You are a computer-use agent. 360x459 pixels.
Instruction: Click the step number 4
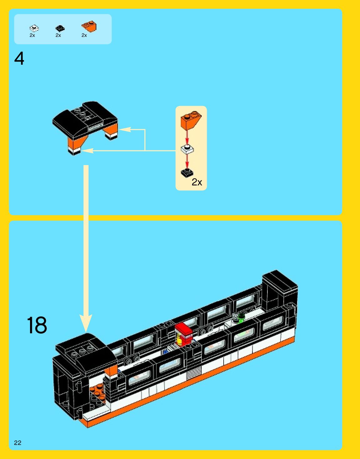coord(19,58)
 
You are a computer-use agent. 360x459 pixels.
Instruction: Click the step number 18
coord(37,325)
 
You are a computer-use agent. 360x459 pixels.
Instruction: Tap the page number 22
coord(18,442)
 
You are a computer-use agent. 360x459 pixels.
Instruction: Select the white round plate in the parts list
coord(34,28)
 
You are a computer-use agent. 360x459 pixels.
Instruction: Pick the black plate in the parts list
coord(60,28)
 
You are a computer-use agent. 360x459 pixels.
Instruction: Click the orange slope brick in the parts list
coord(89,26)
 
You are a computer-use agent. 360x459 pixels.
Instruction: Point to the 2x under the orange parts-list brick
coord(84,35)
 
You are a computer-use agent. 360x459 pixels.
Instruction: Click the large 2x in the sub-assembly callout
coord(197,182)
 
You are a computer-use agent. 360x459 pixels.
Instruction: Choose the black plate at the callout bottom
coord(187,173)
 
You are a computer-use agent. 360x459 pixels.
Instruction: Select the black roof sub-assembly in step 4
coord(84,120)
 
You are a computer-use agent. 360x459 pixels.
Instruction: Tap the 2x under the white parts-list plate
coord(32,35)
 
